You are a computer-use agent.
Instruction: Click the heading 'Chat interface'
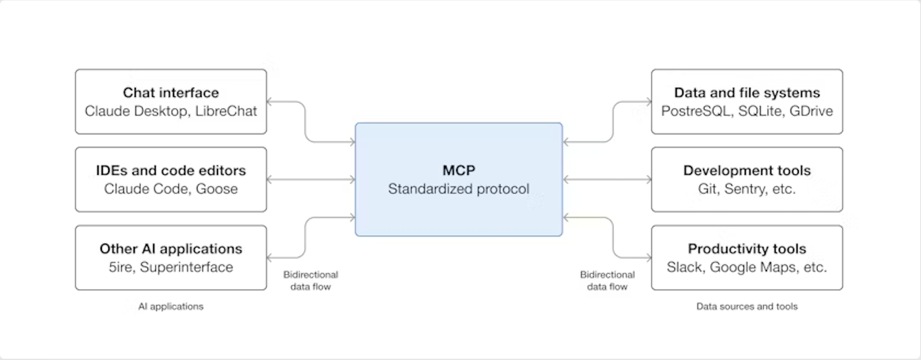171,93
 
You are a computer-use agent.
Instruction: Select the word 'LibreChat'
226,111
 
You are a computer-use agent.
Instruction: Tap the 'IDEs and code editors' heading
171,170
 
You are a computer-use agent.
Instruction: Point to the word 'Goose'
216,189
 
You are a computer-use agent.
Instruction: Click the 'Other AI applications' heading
171,248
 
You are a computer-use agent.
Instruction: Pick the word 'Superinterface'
186,267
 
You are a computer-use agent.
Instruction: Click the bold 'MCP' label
458,170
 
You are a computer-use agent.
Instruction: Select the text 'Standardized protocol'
458,189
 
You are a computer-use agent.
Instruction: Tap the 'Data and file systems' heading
747,93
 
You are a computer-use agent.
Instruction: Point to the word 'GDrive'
811,111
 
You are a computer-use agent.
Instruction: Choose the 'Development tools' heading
747,170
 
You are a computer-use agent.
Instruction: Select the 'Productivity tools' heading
747,248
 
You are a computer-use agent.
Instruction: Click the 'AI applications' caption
171,306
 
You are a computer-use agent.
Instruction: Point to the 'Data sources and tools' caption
747,306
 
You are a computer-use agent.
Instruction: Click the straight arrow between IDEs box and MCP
311,180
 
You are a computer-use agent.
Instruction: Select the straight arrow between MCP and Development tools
607,180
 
